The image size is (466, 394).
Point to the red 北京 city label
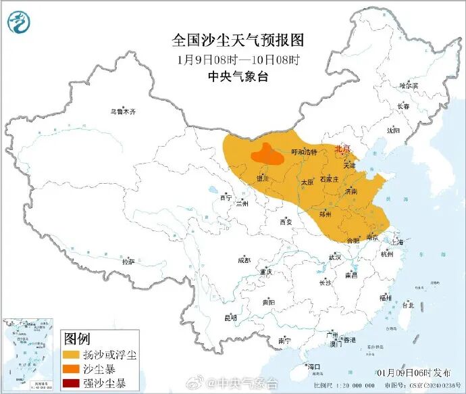pyautogui.click(x=343, y=149)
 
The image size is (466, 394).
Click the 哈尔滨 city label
pyautogui.click(x=409, y=86)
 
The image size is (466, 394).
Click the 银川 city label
pyautogui.click(x=263, y=178)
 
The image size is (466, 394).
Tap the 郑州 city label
pyautogui.click(x=326, y=214)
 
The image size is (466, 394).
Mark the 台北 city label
pyautogui.click(x=408, y=305)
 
